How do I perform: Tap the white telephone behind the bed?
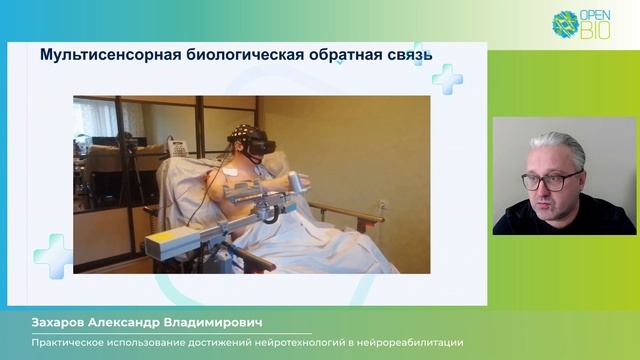pyautogui.click(x=178, y=148)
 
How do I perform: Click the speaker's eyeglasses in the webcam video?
pyautogui.click(x=550, y=181)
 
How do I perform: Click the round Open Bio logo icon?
pyautogui.click(x=566, y=23)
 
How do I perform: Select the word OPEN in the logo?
pyautogui.click(x=594, y=17)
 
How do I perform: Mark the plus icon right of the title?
pyautogui.click(x=446, y=79)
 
